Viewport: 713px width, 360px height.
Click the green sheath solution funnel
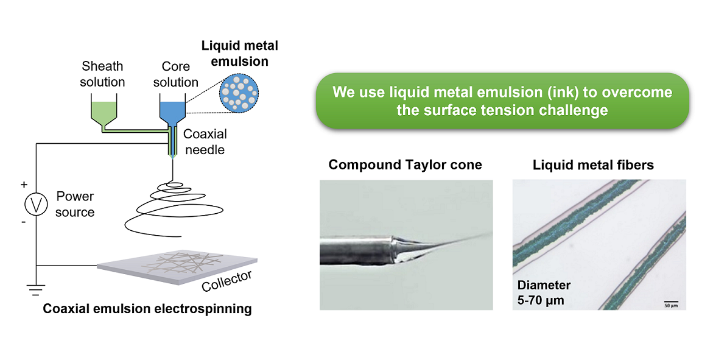pos(102,110)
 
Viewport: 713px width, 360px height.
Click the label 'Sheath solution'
pos(102,74)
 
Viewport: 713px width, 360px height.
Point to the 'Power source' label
pos(75,204)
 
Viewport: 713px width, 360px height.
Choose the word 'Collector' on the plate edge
pos(227,282)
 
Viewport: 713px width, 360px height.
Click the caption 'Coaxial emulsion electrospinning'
pos(147,309)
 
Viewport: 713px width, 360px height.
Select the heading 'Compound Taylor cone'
pos(405,164)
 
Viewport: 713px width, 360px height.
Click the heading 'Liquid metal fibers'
pos(593,164)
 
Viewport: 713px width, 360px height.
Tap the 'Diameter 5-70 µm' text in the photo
pos(544,292)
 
